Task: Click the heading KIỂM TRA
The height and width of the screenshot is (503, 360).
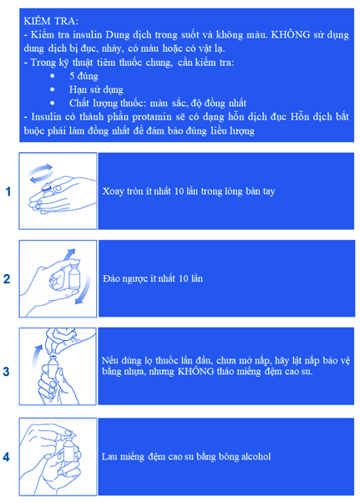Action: (51, 21)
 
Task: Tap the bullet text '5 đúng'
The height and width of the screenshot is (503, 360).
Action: (84, 76)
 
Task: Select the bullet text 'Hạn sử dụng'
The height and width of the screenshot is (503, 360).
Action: (96, 89)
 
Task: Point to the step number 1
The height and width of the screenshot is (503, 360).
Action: (8, 191)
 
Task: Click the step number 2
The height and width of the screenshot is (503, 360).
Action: (7, 279)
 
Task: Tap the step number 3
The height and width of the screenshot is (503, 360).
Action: (7, 372)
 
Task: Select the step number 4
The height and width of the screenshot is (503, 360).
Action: (7, 457)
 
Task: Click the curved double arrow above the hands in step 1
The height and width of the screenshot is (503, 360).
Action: (41, 173)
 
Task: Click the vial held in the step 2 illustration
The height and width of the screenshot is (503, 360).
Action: (74, 275)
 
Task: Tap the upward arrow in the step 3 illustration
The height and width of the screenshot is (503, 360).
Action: (37, 357)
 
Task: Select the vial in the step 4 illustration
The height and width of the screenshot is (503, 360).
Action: (69, 451)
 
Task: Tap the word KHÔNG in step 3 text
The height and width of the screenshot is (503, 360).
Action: (195, 372)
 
